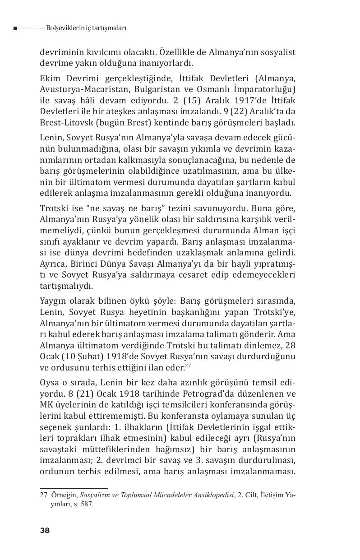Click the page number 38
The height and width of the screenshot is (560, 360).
click(x=45, y=530)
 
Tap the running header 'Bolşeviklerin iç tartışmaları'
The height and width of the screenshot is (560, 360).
click(x=86, y=28)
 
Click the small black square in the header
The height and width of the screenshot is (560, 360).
click(x=15, y=28)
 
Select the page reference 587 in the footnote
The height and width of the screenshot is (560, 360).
click(x=88, y=504)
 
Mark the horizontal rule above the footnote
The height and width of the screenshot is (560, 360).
click(x=74, y=488)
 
